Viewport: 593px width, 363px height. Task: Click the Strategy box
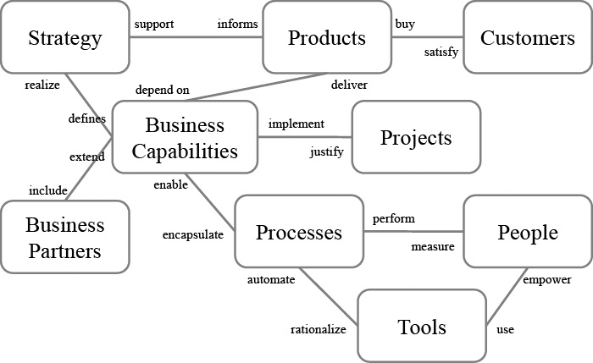click(65, 38)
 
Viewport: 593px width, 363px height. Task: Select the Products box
click(326, 38)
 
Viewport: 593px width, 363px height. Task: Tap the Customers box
click(527, 38)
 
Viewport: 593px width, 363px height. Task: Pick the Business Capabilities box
click(185, 139)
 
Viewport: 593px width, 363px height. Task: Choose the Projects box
click(416, 138)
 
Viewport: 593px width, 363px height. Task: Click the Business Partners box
click(65, 238)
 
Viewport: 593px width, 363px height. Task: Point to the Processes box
click(299, 232)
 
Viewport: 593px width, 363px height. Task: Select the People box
click(527, 232)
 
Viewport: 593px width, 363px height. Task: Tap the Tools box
click(422, 327)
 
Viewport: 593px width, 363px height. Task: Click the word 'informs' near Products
click(238, 24)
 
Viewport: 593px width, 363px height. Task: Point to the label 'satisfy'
click(441, 52)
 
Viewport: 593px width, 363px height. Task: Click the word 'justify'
click(327, 153)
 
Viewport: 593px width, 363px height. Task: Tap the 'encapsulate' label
click(193, 235)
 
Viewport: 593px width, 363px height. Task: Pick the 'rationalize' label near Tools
click(319, 330)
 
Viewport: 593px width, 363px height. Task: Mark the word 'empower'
click(546, 279)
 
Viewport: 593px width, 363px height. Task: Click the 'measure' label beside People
click(433, 247)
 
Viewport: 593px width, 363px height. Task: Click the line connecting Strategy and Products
click(197, 37)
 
